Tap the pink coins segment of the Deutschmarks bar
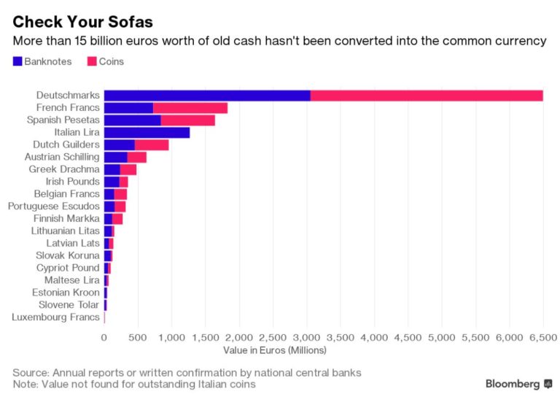coord(427,96)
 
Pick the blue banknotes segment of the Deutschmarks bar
coord(207,96)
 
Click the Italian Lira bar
coord(147,132)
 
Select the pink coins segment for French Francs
coord(190,108)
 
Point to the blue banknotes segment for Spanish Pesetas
coord(132,120)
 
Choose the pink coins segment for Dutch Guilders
coord(152,144)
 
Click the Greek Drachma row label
coord(64,169)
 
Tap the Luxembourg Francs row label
coord(56,317)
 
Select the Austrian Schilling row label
coord(62,157)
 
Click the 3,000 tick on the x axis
coord(306,337)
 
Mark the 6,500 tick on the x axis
coord(542,337)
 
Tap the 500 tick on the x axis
coord(138,337)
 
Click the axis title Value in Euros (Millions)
coord(274,350)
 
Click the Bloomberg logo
coord(518,384)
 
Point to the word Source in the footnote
coord(31,373)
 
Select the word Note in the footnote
coord(25,384)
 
